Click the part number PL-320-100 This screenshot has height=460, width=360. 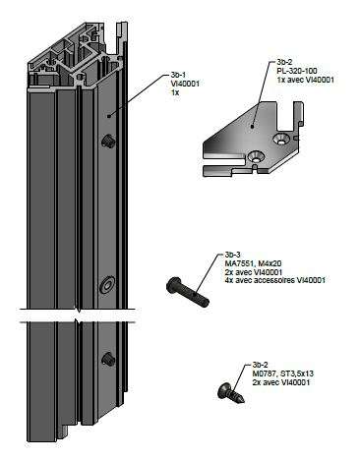point(297,71)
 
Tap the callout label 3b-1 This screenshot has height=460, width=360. point(178,75)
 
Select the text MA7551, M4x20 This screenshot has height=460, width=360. point(253,263)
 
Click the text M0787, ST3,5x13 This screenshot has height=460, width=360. point(280,374)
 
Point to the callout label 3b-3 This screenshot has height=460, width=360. point(232,255)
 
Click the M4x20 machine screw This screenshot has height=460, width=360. point(188,292)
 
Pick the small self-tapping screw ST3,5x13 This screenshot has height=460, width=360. point(231,392)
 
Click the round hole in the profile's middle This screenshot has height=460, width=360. point(107,285)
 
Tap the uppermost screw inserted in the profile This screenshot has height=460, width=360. point(107,142)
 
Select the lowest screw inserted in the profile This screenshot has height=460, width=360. point(107,360)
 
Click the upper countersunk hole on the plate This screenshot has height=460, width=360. point(282,139)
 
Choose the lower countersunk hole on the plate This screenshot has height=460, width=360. point(256,156)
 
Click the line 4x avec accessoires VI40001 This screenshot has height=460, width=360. point(274,280)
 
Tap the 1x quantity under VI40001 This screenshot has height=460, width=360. point(175,92)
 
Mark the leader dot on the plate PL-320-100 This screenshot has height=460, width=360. point(252,126)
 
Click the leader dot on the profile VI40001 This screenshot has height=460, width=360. point(109,116)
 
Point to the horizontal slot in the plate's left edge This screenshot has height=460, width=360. point(223,163)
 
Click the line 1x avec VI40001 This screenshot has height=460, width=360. point(306,80)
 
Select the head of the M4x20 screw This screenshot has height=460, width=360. point(173,284)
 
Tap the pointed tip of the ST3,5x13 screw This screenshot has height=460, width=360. point(243,401)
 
